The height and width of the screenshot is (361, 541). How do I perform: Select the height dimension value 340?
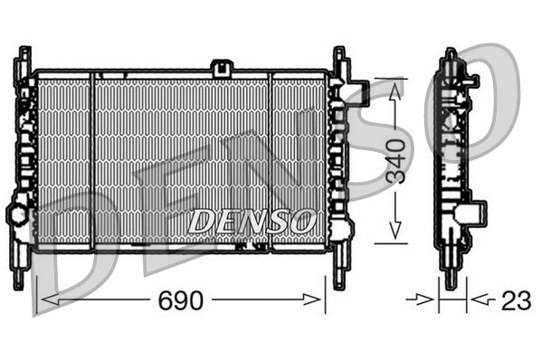(x=395, y=161)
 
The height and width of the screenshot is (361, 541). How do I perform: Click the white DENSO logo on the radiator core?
(x=252, y=220)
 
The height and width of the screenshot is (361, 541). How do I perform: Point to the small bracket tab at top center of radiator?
(x=221, y=67)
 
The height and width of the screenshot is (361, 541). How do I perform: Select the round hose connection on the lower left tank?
(x=17, y=215)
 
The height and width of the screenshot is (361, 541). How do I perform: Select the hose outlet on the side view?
(x=470, y=214)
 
